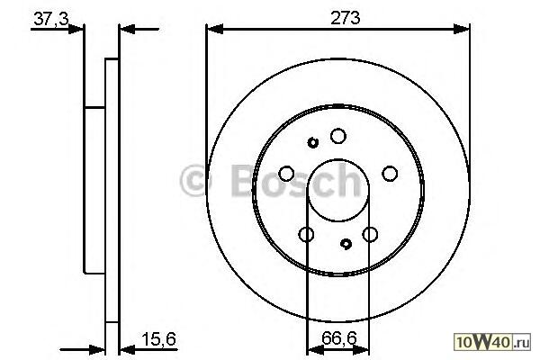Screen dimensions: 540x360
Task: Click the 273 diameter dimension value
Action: tap(345, 18)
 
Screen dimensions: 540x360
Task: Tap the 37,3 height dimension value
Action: tap(51, 18)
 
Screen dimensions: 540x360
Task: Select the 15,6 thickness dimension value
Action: tap(158, 338)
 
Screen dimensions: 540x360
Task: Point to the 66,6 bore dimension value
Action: tap(339, 338)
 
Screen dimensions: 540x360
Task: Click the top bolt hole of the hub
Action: tap(338, 136)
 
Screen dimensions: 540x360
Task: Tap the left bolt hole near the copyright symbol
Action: tap(286, 174)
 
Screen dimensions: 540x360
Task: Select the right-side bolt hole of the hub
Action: tap(390, 174)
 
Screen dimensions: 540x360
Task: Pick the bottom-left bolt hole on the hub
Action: tap(306, 235)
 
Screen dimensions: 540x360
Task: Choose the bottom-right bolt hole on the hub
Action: tap(370, 235)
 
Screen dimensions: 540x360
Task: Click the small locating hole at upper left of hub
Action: tap(312, 142)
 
